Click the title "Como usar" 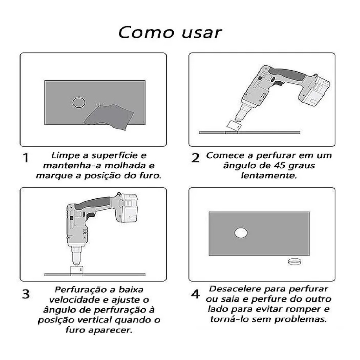pyautogui.click(x=170, y=33)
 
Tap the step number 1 pyautogui.click(x=26, y=158)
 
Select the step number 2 pyautogui.click(x=195, y=158)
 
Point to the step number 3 pyautogui.click(x=26, y=294)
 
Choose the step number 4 pyautogui.click(x=195, y=294)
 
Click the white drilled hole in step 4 pyautogui.click(x=241, y=233)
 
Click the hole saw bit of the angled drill pyautogui.click(x=233, y=125)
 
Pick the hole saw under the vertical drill pyautogui.click(x=76, y=270)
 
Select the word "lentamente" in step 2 pyautogui.click(x=269, y=175)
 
